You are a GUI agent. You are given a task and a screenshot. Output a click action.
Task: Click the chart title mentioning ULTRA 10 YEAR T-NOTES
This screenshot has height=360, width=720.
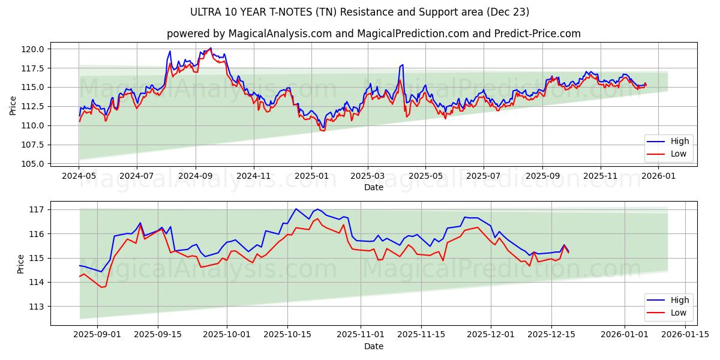[359, 12]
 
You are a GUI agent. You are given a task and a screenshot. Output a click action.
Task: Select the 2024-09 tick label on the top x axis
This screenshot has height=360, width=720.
[195, 176]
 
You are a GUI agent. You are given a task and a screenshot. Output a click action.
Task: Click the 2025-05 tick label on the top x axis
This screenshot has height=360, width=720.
[425, 176]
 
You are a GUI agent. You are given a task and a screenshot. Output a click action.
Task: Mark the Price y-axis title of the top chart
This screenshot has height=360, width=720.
[13, 106]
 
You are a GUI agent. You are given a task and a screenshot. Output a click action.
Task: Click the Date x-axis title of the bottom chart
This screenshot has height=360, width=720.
[373, 346]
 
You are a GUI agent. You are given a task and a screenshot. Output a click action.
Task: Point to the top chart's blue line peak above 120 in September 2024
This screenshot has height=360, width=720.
[211, 48]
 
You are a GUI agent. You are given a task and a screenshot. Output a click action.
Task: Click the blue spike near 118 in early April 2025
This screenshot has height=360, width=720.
[402, 65]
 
